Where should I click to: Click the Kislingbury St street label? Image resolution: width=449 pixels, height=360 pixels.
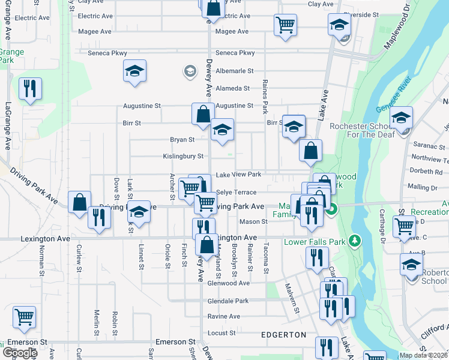(184, 157)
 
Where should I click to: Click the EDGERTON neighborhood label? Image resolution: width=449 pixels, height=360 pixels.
(283, 334)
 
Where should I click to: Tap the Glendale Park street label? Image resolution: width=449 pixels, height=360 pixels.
(228, 301)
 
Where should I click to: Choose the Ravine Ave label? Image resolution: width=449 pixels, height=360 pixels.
(223, 316)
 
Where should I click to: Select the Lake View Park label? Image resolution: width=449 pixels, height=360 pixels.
(238, 175)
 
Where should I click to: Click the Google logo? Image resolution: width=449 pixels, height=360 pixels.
(20, 353)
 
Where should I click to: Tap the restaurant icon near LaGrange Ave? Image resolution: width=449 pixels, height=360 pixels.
(29, 89)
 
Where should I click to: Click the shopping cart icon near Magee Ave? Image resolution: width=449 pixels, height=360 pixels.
(285, 25)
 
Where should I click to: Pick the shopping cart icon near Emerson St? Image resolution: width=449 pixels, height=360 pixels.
(24, 317)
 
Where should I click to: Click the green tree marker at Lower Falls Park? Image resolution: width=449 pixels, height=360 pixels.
(355, 241)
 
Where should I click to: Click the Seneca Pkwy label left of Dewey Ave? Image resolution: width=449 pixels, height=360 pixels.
(107, 53)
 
